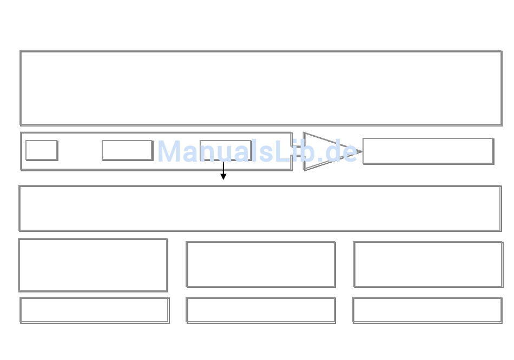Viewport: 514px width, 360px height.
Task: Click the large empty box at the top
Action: point(261,88)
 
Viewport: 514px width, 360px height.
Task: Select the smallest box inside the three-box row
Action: point(42,150)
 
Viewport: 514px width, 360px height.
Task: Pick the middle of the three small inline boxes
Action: point(127,150)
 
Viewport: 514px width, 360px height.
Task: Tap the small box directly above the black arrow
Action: point(226,150)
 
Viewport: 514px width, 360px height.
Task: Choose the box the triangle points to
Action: point(427,151)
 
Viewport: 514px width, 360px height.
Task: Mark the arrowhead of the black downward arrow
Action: point(223,176)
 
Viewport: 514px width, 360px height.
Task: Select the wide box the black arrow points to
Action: point(260,208)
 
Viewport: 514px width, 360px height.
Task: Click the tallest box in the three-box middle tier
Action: point(93,265)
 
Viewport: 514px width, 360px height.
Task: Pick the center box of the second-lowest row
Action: point(261,264)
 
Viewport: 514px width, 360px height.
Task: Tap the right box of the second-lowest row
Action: point(428,264)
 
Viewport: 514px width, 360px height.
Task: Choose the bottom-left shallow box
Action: point(94,310)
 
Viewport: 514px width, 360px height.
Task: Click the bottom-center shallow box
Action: point(261,310)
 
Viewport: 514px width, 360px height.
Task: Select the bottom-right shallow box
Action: point(427,310)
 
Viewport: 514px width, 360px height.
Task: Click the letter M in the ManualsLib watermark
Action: point(169,151)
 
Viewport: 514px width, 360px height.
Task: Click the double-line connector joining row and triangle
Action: point(298,151)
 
